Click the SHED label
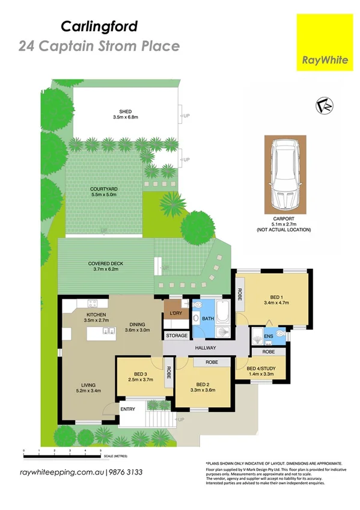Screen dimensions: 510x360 (x=125, y=111)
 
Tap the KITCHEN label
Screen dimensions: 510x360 (x=97, y=315)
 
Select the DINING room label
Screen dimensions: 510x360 (x=137, y=323)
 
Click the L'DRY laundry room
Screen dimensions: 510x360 (x=176, y=313)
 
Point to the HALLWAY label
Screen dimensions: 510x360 (x=205, y=348)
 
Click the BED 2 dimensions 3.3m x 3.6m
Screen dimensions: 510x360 (x=202, y=390)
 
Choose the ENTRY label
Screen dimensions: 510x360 (x=128, y=409)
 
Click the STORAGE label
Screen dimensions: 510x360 (x=176, y=335)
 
